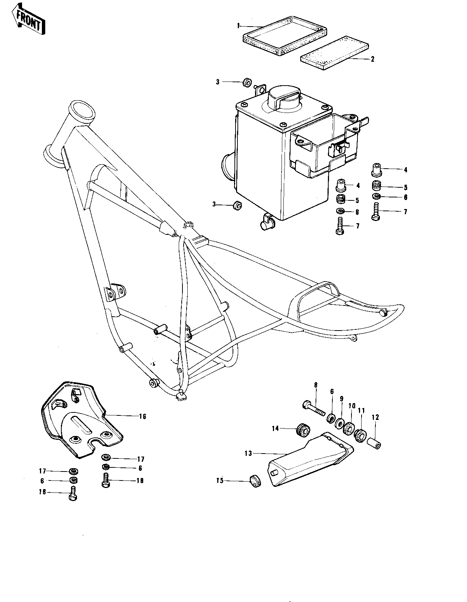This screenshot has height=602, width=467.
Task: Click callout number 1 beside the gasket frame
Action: (x=238, y=25)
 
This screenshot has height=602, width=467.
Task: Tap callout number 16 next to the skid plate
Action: (x=142, y=416)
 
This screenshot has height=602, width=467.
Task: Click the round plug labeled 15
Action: (x=255, y=480)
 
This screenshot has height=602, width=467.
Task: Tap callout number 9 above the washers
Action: (x=341, y=399)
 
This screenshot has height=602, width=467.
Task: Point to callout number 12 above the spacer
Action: (x=375, y=417)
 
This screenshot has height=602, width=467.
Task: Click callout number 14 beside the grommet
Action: (x=276, y=429)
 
